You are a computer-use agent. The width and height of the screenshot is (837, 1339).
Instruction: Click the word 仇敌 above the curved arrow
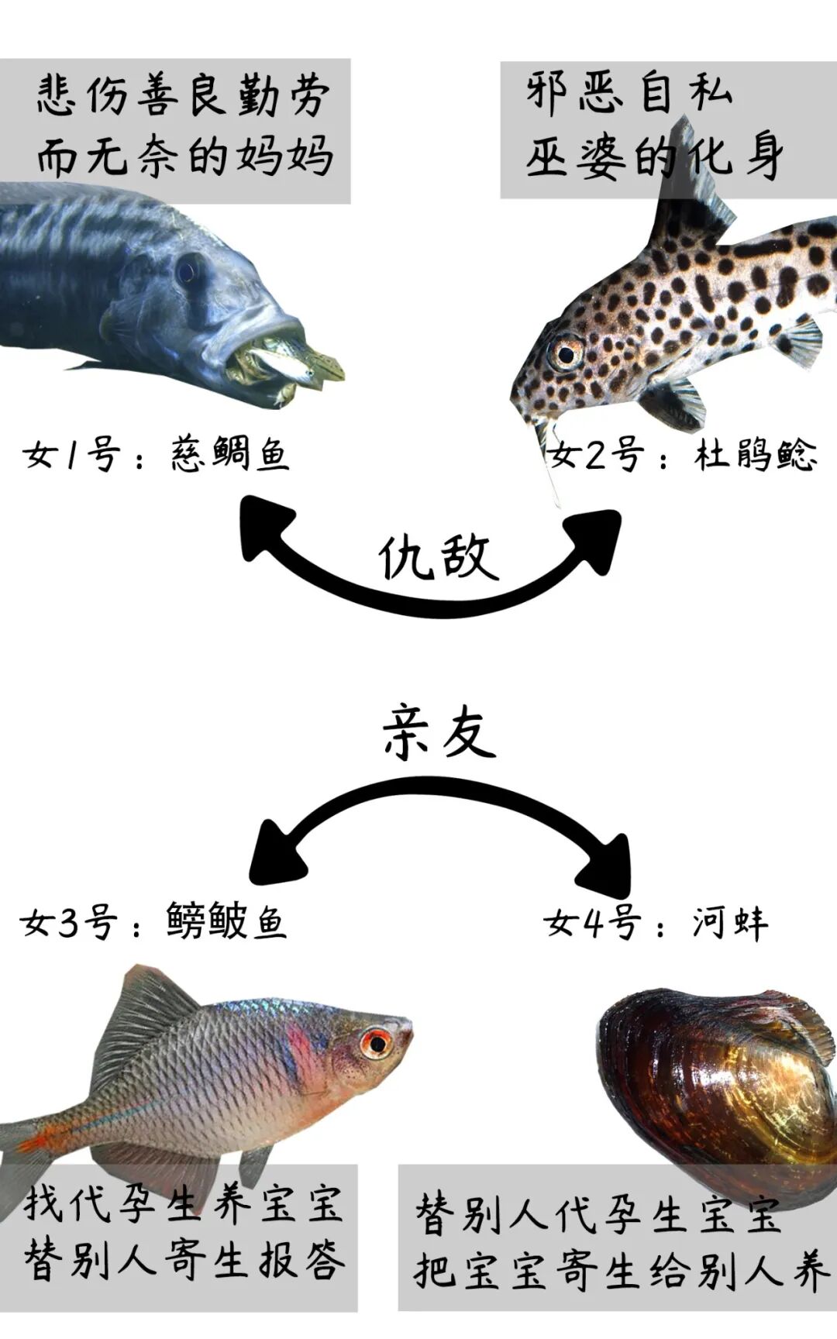pyautogui.click(x=438, y=556)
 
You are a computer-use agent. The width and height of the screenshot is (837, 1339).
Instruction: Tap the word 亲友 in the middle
pyautogui.click(x=439, y=731)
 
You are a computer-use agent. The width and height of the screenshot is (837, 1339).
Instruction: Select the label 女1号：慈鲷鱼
pyautogui.click(x=156, y=453)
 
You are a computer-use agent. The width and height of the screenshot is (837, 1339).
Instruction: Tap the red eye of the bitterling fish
pyautogui.click(x=377, y=1043)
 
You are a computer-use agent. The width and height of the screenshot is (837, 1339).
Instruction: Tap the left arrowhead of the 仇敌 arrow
pyautogui.click(x=263, y=531)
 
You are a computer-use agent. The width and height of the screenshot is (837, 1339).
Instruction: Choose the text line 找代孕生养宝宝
pyautogui.click(x=183, y=1203)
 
